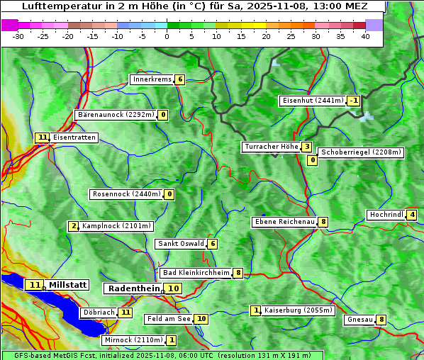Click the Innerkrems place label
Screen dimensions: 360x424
point(152,79)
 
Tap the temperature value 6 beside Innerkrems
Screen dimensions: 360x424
point(180,79)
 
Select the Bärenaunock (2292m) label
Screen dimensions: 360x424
point(115,114)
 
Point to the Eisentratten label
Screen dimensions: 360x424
point(74,137)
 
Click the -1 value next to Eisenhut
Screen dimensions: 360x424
point(353,101)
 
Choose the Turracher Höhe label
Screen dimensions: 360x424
point(271,147)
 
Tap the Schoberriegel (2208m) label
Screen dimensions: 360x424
point(361,152)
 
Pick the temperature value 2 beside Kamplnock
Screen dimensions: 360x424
point(74,226)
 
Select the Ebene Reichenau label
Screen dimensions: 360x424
point(285,222)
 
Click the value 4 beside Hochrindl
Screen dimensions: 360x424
point(412,215)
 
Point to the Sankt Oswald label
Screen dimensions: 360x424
point(181,244)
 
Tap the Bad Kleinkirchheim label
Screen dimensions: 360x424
point(196,273)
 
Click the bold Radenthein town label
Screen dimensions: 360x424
point(134,288)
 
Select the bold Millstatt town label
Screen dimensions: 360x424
point(68,285)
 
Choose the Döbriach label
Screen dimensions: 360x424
point(99,312)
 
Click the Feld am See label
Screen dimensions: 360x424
point(169,319)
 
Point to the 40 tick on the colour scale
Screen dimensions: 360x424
point(365,36)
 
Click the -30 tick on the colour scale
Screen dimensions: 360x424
point(18,36)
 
